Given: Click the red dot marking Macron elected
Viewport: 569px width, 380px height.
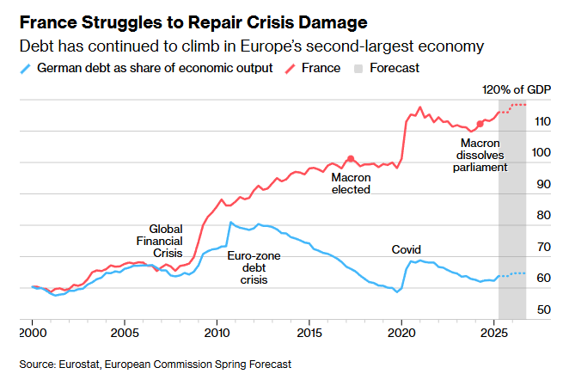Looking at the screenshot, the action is click(x=351, y=158).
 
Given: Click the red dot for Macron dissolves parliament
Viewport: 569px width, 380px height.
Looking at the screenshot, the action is click(x=480, y=124).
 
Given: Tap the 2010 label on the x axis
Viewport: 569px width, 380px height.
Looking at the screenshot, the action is click(x=217, y=333).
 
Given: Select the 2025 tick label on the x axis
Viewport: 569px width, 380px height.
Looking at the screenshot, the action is click(x=493, y=333).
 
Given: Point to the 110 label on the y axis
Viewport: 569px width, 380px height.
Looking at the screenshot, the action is click(x=542, y=121).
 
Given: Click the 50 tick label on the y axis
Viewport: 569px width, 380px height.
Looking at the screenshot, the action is click(x=543, y=310).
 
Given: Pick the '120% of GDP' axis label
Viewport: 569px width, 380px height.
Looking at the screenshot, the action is click(x=517, y=89).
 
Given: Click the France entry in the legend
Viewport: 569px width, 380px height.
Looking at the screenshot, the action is click(x=321, y=68).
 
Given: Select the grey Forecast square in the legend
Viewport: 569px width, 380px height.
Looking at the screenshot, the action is click(x=358, y=68).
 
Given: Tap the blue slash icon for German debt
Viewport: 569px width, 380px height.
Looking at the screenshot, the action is click(x=26, y=68).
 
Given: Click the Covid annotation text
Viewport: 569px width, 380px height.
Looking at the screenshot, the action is click(x=406, y=249).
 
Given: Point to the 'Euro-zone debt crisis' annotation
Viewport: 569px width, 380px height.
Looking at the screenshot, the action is click(x=254, y=268).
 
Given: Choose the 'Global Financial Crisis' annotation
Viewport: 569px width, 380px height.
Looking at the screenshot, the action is click(x=160, y=241).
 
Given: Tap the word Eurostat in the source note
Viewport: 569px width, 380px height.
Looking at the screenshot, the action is click(x=79, y=364).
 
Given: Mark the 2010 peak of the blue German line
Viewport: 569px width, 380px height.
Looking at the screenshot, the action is click(x=230, y=222).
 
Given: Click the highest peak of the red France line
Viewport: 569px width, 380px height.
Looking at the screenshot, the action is click(x=419, y=107).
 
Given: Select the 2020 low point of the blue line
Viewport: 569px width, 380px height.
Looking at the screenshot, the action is click(x=397, y=291).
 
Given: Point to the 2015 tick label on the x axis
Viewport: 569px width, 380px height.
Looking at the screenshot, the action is click(x=309, y=333).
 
